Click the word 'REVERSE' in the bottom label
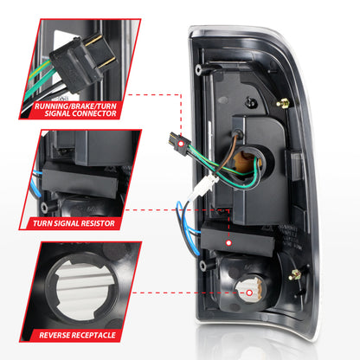(60, 333)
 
